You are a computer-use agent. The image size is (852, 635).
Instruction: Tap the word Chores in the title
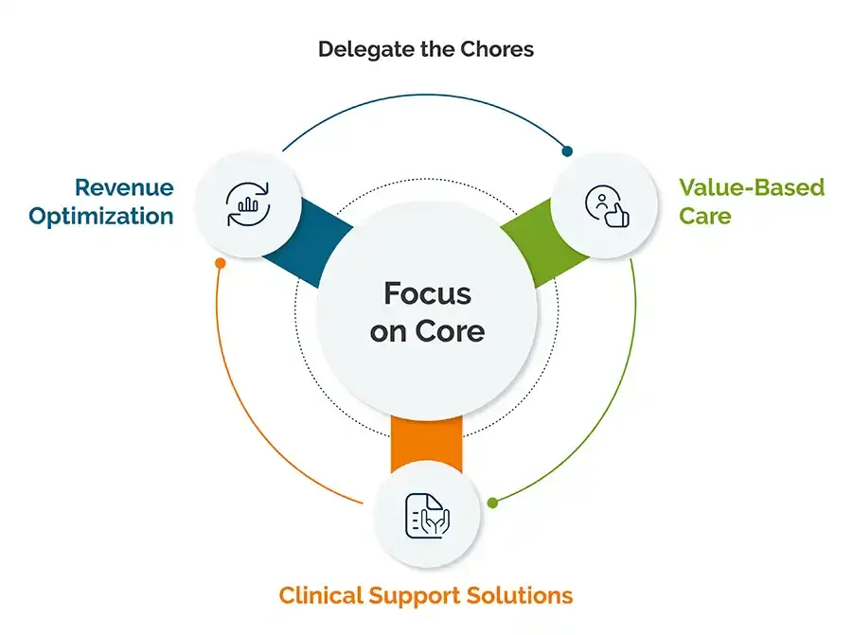point(497,49)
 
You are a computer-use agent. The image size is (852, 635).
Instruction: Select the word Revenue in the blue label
point(124,187)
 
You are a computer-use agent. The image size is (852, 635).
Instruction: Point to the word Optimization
point(101,217)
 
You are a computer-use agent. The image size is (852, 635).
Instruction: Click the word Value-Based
point(752,187)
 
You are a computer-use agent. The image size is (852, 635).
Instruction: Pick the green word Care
point(704,216)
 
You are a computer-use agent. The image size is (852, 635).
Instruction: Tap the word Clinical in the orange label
point(321,595)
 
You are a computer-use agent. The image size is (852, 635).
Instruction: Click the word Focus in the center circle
point(428,294)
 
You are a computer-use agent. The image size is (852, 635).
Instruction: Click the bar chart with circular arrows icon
point(248,204)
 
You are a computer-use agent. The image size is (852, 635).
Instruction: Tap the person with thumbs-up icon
point(607,206)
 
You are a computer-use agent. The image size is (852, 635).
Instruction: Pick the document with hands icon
point(428,516)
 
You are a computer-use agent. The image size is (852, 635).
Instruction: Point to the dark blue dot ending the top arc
point(567,151)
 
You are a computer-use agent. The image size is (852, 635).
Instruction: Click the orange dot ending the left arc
point(220,263)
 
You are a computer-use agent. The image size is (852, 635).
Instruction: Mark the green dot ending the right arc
point(493,503)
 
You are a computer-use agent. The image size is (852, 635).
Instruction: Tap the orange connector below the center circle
point(427,443)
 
